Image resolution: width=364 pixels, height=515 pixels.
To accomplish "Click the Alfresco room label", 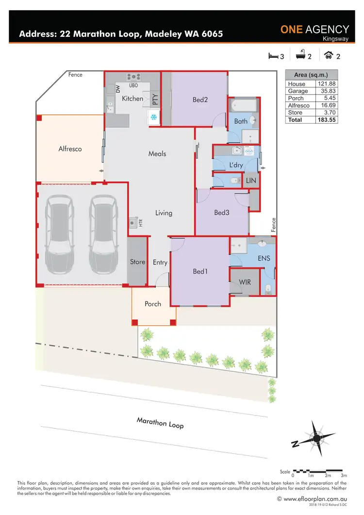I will tap(70, 149).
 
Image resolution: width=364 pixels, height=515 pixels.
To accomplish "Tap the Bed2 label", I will tap(200, 100).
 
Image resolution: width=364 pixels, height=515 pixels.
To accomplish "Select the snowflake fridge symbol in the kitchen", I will tap(153, 117).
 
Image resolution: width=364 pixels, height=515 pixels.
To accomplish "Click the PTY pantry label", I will tap(155, 100).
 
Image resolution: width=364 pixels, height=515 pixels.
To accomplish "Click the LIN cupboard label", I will tap(251, 181).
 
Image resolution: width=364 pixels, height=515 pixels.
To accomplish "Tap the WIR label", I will tap(245, 282).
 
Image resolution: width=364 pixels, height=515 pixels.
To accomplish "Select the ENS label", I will tap(264, 258).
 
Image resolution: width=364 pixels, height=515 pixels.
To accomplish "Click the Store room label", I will tap(137, 262).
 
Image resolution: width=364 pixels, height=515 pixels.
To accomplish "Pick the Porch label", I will tap(153, 304).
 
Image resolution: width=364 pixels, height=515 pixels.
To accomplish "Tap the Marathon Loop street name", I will tap(160, 422).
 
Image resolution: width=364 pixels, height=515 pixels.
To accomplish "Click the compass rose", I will tap(315, 438).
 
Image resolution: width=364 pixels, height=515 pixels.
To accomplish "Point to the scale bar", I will tap(318, 471).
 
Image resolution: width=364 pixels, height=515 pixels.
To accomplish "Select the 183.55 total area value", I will tap(326, 119).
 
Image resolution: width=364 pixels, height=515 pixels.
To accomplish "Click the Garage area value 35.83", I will tap(326, 91).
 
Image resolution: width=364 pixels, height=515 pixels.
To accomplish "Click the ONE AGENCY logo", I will tap(314, 31).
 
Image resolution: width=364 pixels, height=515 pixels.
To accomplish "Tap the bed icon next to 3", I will tap(273, 56).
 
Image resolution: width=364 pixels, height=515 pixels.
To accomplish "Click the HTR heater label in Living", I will tap(141, 223).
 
